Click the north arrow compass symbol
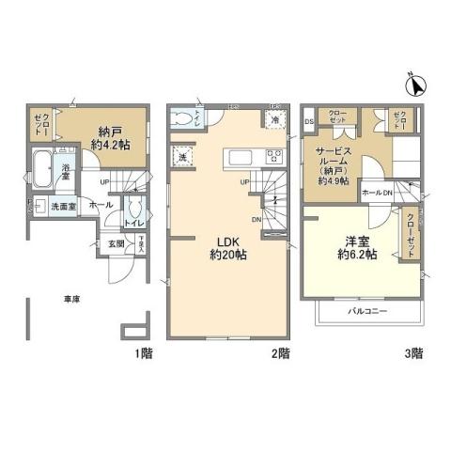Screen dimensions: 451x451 tap(415, 86)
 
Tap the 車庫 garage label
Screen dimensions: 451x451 tap(71, 299)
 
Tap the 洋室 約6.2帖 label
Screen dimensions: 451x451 tap(357, 247)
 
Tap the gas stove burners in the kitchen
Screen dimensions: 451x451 tap(275, 156)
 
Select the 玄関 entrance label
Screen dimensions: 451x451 tap(116, 245)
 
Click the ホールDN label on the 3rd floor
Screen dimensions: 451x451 tap(377, 193)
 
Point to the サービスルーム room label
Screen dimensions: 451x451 tap(332, 158)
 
